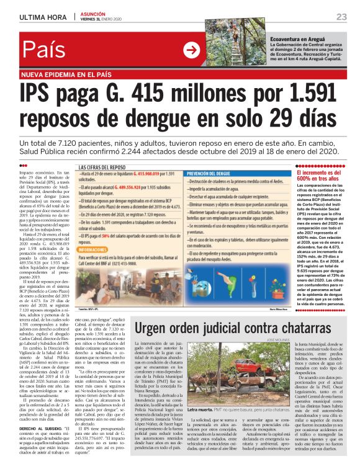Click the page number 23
[x=341, y=16]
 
